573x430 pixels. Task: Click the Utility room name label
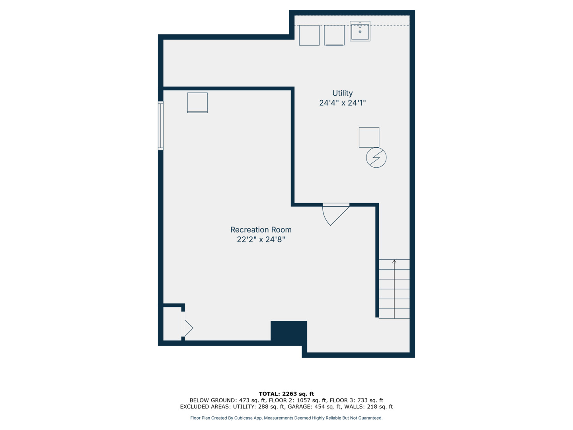[x=342, y=93]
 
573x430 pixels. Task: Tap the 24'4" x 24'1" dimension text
[x=342, y=103]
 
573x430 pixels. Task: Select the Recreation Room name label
[x=261, y=230]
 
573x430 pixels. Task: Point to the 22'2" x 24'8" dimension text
[x=261, y=239]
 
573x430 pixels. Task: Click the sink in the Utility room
[x=360, y=31]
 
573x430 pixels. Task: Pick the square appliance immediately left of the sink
[x=334, y=35]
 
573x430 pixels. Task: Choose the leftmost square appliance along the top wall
[x=309, y=35]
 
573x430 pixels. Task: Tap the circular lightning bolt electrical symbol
[x=376, y=158]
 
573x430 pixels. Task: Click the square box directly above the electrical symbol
[x=369, y=137]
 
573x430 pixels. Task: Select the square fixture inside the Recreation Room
[x=197, y=103]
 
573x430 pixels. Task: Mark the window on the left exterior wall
[x=161, y=126]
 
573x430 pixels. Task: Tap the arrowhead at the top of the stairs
[x=394, y=262]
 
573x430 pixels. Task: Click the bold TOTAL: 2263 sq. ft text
[x=286, y=394]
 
